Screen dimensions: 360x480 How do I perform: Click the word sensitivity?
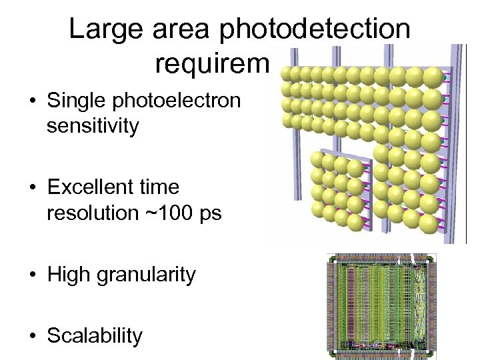(92, 125)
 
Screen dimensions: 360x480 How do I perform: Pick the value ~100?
(175, 213)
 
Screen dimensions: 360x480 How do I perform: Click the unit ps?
(211, 213)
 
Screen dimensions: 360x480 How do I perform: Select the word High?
(69, 274)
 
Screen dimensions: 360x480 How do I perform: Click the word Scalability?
(95, 335)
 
